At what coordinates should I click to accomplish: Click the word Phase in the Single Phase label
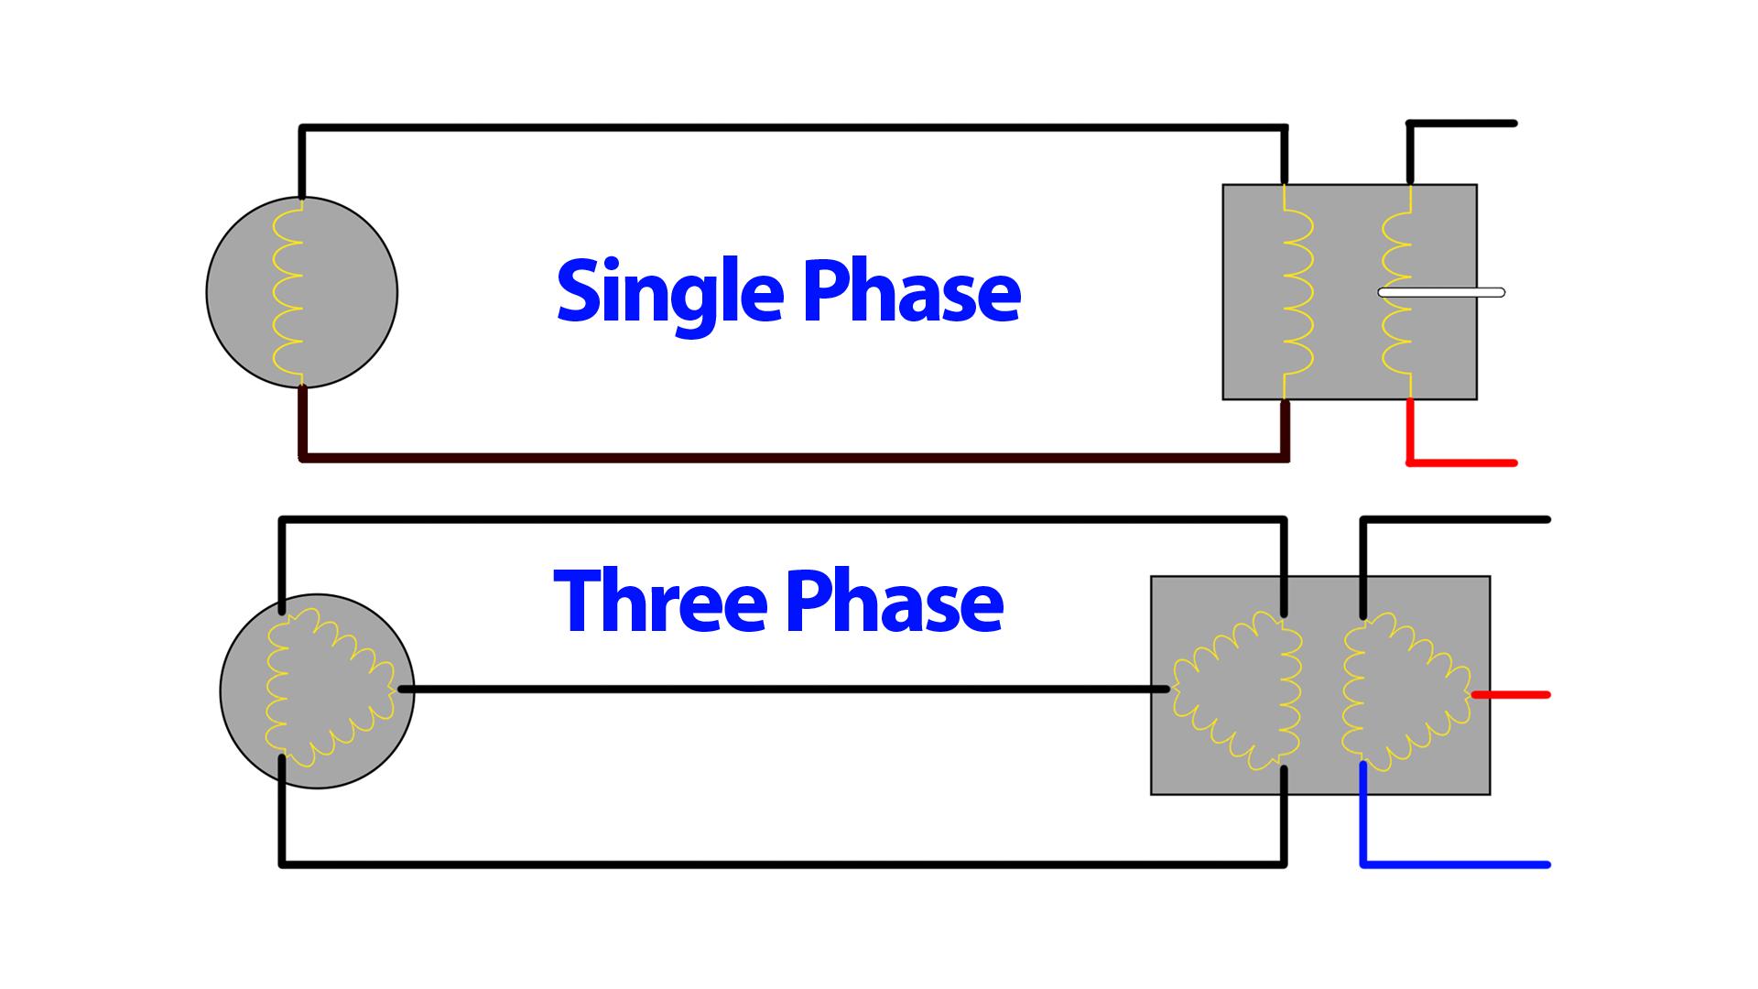point(911,293)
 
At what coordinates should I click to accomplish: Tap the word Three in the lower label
point(660,602)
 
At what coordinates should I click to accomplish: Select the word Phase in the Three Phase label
point(895,602)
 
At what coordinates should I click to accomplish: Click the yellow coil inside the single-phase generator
point(288,293)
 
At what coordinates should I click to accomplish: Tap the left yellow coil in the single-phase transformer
point(1297,293)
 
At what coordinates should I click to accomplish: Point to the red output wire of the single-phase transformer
point(1461,462)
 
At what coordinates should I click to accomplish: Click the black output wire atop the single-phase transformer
point(1461,124)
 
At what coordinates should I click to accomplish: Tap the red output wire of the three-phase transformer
point(1511,695)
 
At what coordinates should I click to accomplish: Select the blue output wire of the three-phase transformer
point(1456,864)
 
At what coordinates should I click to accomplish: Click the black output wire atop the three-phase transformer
point(1456,520)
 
